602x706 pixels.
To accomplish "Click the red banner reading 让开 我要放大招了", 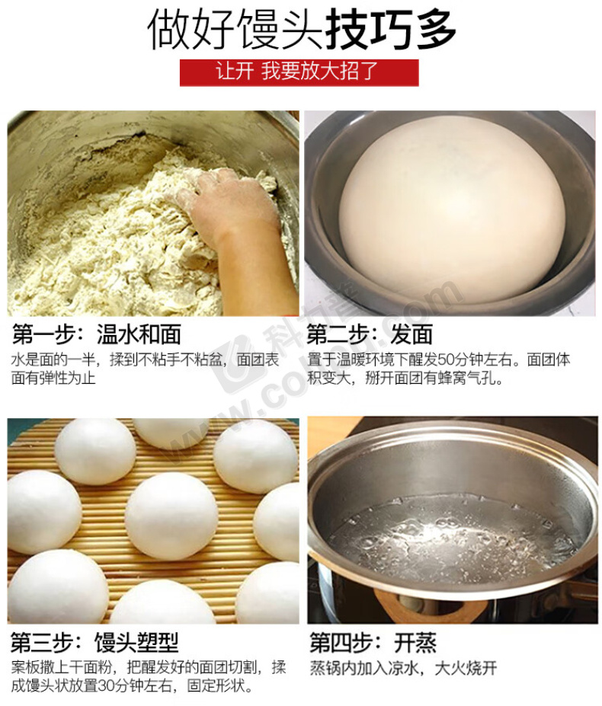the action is pyautogui.click(x=299, y=72).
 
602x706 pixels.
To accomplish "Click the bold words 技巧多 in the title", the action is pyautogui.click(x=391, y=30).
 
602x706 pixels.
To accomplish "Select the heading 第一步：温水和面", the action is pyautogui.click(x=97, y=334).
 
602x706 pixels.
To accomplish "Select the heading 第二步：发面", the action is pyautogui.click(x=370, y=334).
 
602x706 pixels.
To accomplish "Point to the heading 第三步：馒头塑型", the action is pyautogui.click(x=94, y=643).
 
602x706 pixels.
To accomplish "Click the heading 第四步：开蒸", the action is pyautogui.click(x=373, y=643).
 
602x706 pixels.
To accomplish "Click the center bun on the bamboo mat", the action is pyautogui.click(x=171, y=516).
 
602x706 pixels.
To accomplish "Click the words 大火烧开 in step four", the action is pyautogui.click(x=466, y=668).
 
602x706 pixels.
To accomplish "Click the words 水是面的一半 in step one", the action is pyautogui.click(x=53, y=359).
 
